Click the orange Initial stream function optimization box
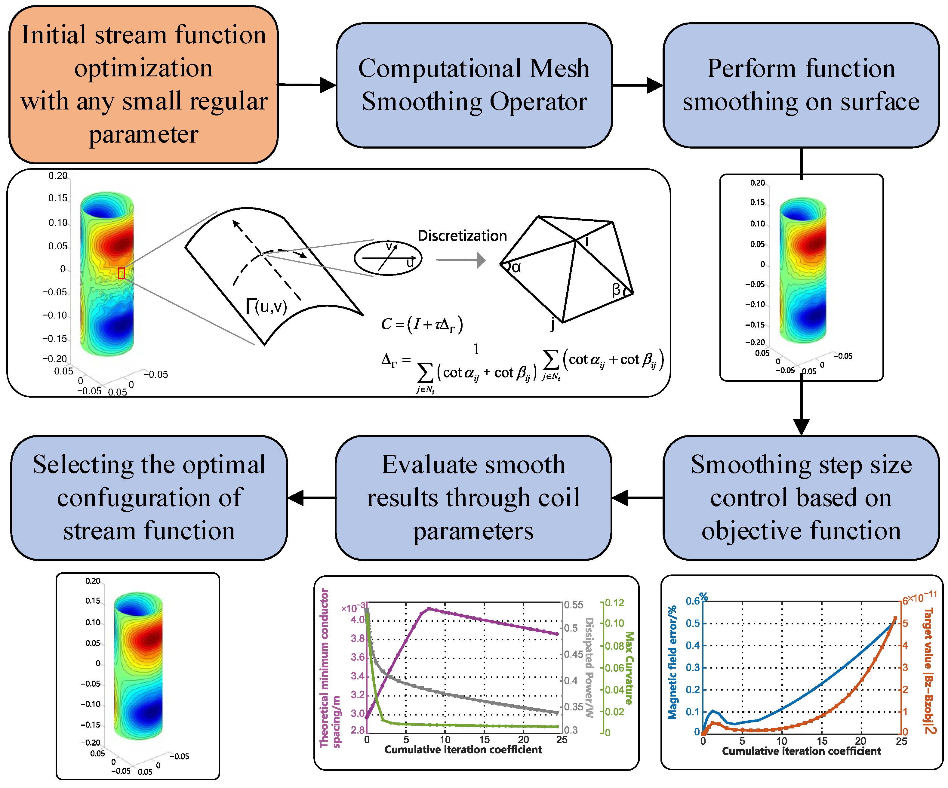click(x=143, y=85)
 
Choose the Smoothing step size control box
click(x=801, y=498)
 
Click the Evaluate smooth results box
click(x=473, y=498)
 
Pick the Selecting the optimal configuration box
click(x=149, y=498)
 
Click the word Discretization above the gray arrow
click(x=462, y=235)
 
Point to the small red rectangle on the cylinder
click(x=122, y=273)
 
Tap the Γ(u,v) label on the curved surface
click(x=266, y=307)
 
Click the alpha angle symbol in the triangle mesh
click(x=516, y=268)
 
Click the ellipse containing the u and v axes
click(x=387, y=258)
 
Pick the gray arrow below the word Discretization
click(x=460, y=260)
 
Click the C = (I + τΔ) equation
click(x=422, y=325)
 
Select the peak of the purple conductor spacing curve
click(x=429, y=608)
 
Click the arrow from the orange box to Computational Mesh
click(x=307, y=85)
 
